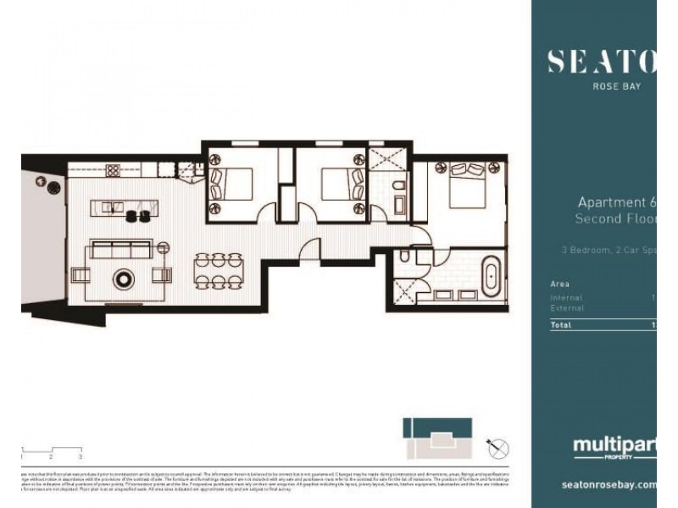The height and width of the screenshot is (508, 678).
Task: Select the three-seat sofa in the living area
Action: click(120, 250)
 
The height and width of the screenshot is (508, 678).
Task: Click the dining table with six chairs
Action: click(219, 272)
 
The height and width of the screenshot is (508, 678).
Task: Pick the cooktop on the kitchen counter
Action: click(113, 170)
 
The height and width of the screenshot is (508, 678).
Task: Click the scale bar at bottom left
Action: click(51, 450)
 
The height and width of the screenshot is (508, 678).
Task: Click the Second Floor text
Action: click(614, 219)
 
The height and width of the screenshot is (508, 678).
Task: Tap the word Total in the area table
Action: click(561, 324)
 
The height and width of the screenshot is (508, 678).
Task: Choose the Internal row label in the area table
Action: click(565, 298)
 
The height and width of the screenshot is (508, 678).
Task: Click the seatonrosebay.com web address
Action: click(609, 485)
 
